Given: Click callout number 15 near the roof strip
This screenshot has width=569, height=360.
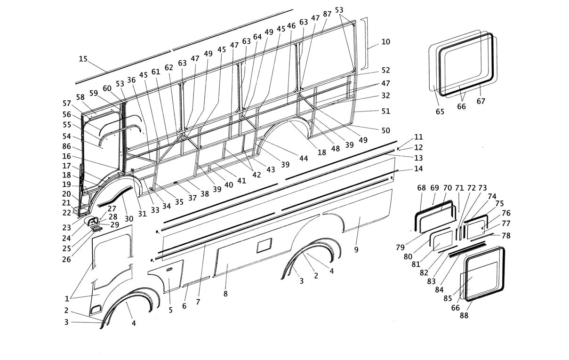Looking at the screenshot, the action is tap(83, 59).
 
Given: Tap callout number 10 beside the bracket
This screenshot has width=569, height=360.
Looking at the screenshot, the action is tap(385, 42).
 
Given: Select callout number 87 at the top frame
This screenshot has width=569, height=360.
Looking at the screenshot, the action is tap(327, 14).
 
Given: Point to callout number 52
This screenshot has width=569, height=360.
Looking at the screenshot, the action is tap(385, 70).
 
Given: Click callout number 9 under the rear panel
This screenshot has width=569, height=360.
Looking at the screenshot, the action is tap(356, 249).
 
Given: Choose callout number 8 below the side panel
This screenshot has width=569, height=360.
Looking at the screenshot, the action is tap(225, 294).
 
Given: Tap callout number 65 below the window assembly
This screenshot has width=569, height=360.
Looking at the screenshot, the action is tap(440, 112).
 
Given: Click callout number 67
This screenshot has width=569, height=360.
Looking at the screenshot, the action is tap(481, 101).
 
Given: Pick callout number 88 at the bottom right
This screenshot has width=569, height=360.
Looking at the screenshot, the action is tap(464, 315).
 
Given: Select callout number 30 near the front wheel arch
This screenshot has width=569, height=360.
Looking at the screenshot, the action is tap(129, 218).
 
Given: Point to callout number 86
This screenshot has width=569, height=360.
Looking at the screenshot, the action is tap(66, 147).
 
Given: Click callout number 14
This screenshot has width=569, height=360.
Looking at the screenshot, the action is tap(418, 168).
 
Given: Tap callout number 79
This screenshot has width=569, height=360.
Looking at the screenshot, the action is tap(400, 247).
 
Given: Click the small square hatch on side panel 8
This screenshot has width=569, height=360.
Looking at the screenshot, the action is tap(264, 246).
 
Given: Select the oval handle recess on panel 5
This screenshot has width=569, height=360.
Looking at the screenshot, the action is tap(169, 269).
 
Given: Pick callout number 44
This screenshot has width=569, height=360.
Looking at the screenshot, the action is tap(304, 158).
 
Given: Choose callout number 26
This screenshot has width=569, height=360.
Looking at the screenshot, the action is tap(66, 259).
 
